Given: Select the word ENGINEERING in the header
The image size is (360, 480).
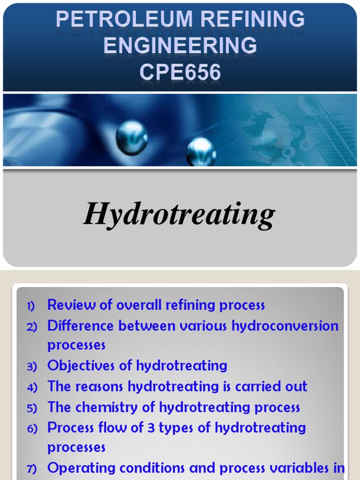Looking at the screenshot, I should [180, 46].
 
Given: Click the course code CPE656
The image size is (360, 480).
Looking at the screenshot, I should [180, 72].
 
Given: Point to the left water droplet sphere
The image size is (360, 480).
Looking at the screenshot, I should [132, 137].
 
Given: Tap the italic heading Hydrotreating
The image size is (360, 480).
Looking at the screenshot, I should [179, 215].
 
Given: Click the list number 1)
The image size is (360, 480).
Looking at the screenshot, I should [31, 307].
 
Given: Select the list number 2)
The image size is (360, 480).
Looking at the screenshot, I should [31, 327].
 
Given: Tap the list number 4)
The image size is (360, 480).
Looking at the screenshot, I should [31, 388].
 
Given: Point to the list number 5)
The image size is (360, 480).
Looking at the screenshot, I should [31, 408].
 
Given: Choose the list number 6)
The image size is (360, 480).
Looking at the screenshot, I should [31, 429].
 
